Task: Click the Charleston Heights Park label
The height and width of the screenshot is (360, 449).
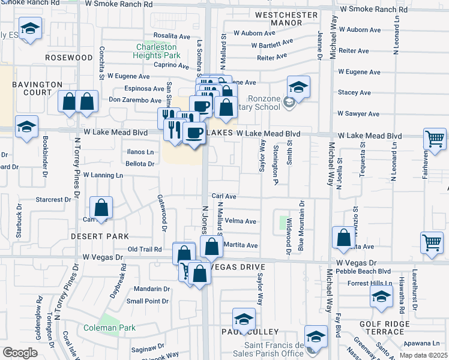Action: (156, 51)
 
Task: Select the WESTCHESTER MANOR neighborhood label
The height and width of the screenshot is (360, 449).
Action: (286, 19)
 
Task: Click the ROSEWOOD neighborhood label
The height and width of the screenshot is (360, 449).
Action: (68, 58)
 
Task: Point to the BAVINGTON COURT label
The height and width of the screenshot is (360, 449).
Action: (37, 88)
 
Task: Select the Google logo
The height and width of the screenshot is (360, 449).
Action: (19, 352)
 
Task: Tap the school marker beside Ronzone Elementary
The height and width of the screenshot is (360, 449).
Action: (298, 86)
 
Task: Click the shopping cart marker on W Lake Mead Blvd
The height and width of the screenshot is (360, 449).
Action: (435, 139)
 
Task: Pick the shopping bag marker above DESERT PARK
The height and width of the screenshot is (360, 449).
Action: (102, 208)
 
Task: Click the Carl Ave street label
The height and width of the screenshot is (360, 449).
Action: (224, 196)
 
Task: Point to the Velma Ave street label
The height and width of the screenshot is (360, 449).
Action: (242, 221)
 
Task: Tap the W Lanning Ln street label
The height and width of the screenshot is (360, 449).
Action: (103, 175)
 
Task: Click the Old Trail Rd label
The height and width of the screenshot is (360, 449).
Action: (145, 249)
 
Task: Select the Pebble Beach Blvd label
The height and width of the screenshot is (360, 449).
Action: (366, 272)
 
